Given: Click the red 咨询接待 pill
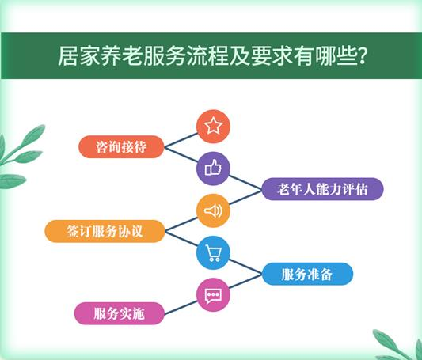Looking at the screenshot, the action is (121, 147).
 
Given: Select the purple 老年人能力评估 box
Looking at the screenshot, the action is (322, 189).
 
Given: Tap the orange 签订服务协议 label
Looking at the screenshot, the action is (105, 231).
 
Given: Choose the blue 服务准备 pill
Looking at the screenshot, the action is (307, 274).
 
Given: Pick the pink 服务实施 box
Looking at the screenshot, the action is (120, 313).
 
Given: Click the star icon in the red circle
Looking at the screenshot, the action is (213, 126).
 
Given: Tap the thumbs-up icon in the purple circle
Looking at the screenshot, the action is (213, 168).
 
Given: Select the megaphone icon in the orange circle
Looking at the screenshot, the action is (213, 210).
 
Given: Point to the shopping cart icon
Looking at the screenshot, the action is (214, 253).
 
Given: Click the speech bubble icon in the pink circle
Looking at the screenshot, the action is (213, 296).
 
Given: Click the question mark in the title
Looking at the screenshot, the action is (363, 56).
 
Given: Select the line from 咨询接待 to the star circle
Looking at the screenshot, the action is (181, 140).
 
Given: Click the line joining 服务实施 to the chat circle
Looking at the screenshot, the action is (181, 308).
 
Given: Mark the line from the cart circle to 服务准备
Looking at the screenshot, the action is (245, 267).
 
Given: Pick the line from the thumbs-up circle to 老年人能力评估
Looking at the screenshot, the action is (245, 182).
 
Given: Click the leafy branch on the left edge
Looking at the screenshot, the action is (20, 156).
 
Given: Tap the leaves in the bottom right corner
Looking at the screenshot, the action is (398, 346).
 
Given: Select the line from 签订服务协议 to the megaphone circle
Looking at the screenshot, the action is (181, 224).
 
